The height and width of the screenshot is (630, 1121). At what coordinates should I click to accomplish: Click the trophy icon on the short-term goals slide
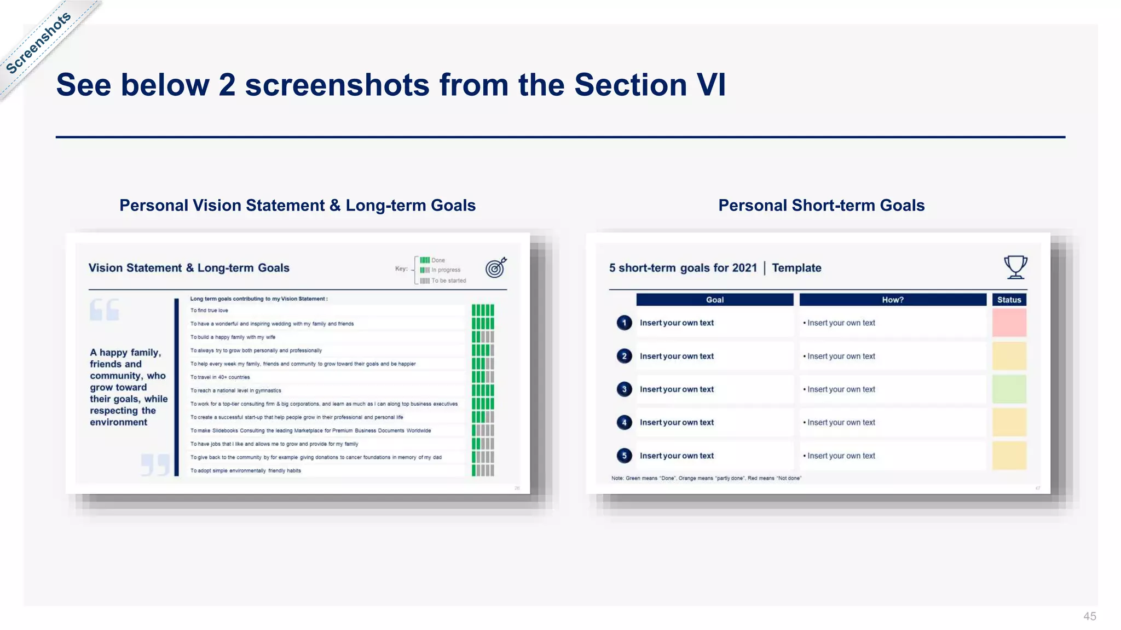click(1015, 267)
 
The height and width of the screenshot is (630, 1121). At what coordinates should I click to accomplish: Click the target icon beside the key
click(496, 267)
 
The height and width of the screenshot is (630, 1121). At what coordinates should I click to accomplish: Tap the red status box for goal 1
click(1009, 323)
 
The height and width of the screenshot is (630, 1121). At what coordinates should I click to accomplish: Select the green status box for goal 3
click(1009, 389)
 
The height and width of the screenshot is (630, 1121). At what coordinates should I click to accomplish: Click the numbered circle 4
click(624, 423)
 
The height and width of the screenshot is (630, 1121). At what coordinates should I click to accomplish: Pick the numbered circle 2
click(624, 356)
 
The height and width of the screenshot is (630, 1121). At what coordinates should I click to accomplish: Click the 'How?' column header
click(892, 300)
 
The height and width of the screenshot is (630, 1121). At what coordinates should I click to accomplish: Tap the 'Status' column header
click(1009, 300)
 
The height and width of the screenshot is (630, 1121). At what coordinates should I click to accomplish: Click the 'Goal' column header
click(714, 300)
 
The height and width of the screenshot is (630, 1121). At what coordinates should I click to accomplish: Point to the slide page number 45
click(1089, 616)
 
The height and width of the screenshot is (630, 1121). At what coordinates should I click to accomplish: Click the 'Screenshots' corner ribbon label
click(38, 43)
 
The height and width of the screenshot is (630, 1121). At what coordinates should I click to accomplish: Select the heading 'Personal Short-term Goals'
click(821, 205)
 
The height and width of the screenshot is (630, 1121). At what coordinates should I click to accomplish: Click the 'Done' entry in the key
click(437, 260)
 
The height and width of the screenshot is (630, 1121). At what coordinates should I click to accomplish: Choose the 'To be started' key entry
click(448, 281)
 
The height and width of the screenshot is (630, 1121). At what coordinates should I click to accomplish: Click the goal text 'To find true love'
click(209, 311)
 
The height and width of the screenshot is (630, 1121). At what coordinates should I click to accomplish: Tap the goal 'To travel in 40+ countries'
click(220, 377)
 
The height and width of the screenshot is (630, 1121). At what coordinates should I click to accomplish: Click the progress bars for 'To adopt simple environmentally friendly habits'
click(483, 470)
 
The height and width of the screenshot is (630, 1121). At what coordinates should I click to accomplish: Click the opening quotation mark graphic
click(104, 310)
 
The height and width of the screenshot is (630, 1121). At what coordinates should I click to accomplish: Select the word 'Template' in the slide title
click(796, 268)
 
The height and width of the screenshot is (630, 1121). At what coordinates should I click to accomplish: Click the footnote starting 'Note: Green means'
click(706, 479)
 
